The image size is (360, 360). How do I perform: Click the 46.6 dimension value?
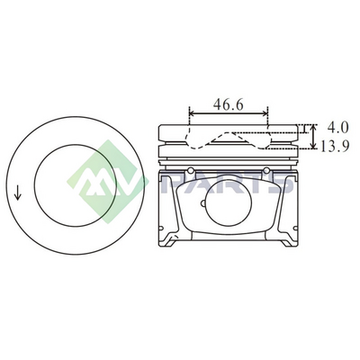pyautogui.click(x=228, y=104)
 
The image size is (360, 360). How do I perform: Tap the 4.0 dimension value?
pyautogui.click(x=337, y=128)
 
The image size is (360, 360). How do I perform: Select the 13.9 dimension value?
pyautogui.click(x=335, y=146)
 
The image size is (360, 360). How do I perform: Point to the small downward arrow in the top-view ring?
pyautogui.click(x=18, y=193)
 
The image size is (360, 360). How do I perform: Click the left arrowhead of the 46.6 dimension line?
pyautogui.click(x=193, y=113)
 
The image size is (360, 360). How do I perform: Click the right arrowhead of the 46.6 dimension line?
pyautogui.click(x=265, y=113)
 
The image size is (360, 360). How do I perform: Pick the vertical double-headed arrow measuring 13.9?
pyautogui.click(x=313, y=137)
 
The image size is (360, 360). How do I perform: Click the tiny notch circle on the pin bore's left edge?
pyautogui.click(x=202, y=203)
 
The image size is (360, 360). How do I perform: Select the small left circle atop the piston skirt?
pyautogui.click(x=190, y=171)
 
